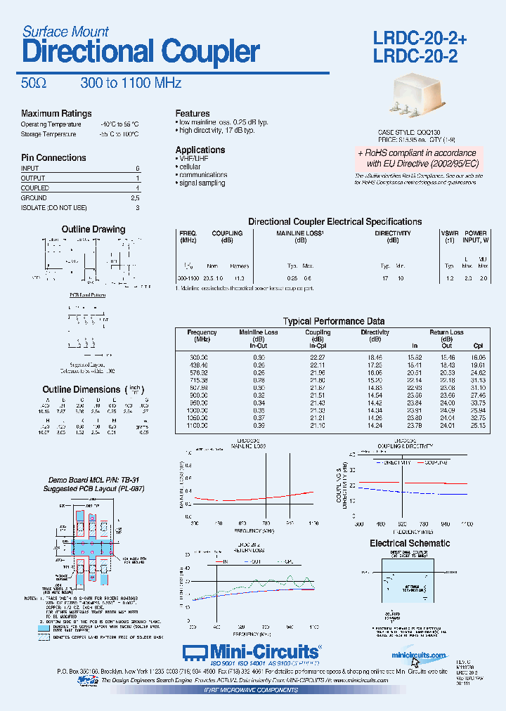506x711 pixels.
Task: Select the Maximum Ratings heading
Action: pyautogui.click(x=56, y=113)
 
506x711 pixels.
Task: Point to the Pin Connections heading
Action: pyautogui.click(x=53, y=158)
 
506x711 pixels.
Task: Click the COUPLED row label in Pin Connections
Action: pyautogui.click(x=35, y=188)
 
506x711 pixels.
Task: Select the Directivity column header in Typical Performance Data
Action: pyautogui.click(x=375, y=332)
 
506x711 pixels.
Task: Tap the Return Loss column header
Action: pyautogui.click(x=446, y=332)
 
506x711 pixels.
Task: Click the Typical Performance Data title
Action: pyautogui.click(x=334, y=320)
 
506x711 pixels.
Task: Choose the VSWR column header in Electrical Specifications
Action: pyautogui.click(x=449, y=233)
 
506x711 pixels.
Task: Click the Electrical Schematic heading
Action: pyautogui.click(x=410, y=543)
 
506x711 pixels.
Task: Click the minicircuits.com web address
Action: pyautogui.click(x=419, y=655)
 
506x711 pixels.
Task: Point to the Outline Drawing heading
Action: pyautogui.click(x=93, y=229)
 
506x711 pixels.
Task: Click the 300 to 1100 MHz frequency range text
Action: pyautogui.click(x=131, y=83)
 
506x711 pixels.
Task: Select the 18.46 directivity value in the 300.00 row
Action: pyautogui.click(x=375, y=358)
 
